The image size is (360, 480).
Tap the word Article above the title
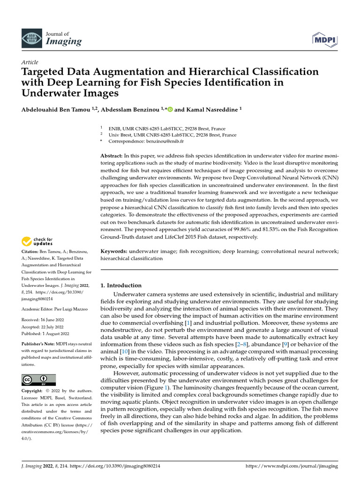30,62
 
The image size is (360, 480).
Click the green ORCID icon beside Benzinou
170,109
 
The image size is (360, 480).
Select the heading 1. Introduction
121,285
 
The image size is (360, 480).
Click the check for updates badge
38,241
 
